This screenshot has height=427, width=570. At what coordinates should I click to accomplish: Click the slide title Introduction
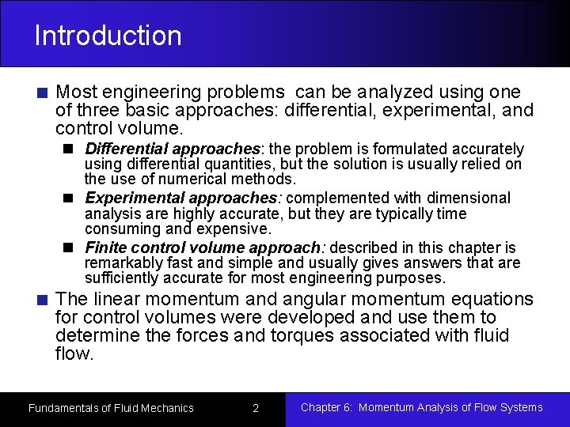tap(108, 36)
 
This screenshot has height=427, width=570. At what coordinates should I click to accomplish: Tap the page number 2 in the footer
tap(256, 408)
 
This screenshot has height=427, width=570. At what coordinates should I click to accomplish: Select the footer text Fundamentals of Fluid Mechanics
tap(111, 408)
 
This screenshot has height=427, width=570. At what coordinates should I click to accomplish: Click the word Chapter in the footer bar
tap(321, 407)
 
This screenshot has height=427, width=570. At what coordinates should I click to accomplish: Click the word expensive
tap(237, 229)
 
